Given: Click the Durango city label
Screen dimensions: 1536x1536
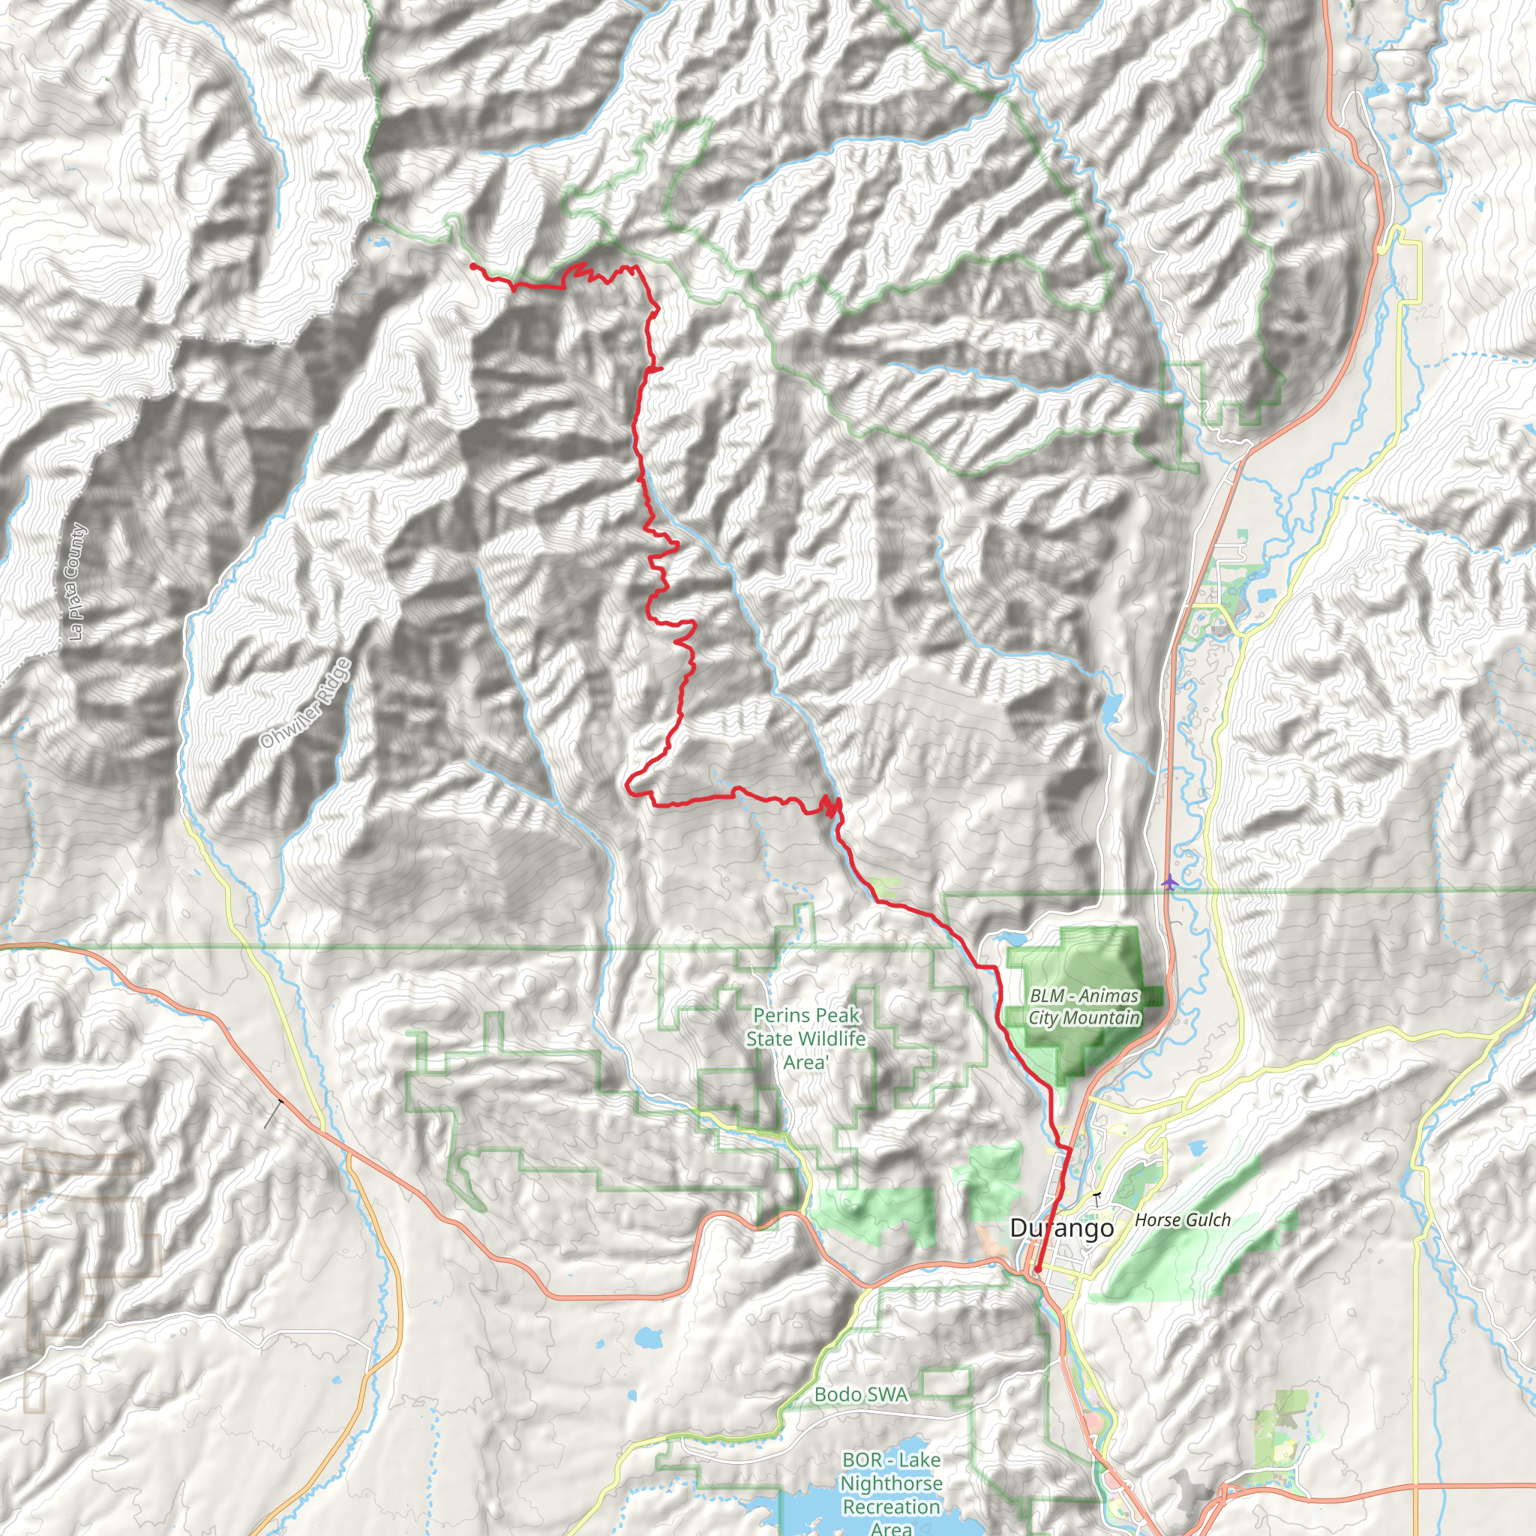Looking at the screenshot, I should (x=1061, y=1228).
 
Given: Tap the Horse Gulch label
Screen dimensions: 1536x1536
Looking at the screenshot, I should (x=1182, y=1219).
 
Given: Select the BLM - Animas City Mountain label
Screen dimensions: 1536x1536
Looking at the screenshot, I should (x=1084, y=1006).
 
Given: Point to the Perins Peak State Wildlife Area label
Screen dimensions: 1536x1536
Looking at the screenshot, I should (x=805, y=1038).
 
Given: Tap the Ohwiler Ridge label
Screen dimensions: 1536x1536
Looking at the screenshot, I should (x=304, y=703).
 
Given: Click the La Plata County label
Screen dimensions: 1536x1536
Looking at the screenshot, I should (x=76, y=582).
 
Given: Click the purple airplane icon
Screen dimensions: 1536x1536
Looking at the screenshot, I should (x=1168, y=882).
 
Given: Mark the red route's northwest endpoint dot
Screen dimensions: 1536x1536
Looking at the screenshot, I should (x=473, y=265).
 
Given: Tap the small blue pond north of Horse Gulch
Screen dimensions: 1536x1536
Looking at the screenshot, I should (x=1195, y=1148).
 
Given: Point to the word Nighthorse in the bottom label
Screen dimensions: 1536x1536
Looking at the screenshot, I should (x=891, y=1483).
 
